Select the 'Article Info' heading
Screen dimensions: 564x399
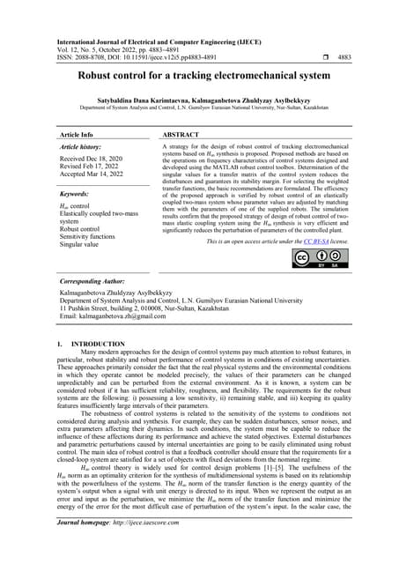pyautogui.click(x=77, y=135)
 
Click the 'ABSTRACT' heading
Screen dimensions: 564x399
pyautogui.click(x=182, y=135)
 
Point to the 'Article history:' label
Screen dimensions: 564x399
pyautogui.click(x=84, y=146)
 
